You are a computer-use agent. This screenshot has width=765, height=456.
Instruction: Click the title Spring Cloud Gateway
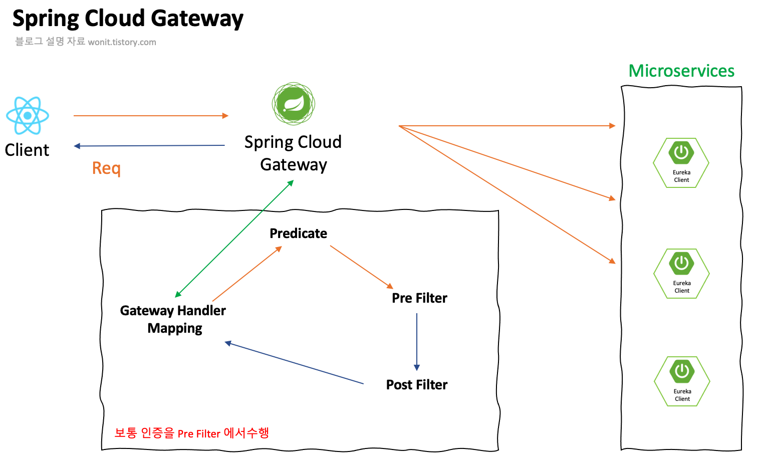coord(128,19)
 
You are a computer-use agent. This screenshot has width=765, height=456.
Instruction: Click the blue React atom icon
coord(28,116)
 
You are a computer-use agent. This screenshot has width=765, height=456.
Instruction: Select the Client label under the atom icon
coord(27,150)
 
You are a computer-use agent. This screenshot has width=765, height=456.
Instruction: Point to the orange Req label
coord(106,168)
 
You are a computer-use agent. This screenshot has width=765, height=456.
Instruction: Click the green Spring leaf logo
coord(294,104)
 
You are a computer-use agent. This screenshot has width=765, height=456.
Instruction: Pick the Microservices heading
coord(681,71)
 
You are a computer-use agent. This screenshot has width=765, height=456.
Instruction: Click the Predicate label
coord(298,234)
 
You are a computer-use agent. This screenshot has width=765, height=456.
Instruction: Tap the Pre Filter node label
coord(419,298)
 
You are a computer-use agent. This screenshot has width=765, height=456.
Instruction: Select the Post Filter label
coord(417,385)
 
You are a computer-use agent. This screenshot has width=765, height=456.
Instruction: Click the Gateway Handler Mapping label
coord(173,319)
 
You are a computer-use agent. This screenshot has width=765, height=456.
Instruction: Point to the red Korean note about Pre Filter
coord(191,433)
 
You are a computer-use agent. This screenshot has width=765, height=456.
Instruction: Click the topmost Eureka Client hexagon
coord(681,163)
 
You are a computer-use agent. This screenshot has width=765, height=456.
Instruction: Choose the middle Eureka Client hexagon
coord(682,274)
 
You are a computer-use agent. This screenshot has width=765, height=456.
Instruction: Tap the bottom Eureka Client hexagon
coord(682,381)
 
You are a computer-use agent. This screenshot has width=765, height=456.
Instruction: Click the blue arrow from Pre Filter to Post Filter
coord(417,341)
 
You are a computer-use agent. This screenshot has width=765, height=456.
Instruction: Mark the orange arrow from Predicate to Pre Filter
coord(361,267)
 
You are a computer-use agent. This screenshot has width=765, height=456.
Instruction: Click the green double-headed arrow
coord(234,239)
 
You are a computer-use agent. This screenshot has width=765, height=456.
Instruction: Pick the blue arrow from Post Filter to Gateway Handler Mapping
coord(295,363)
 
